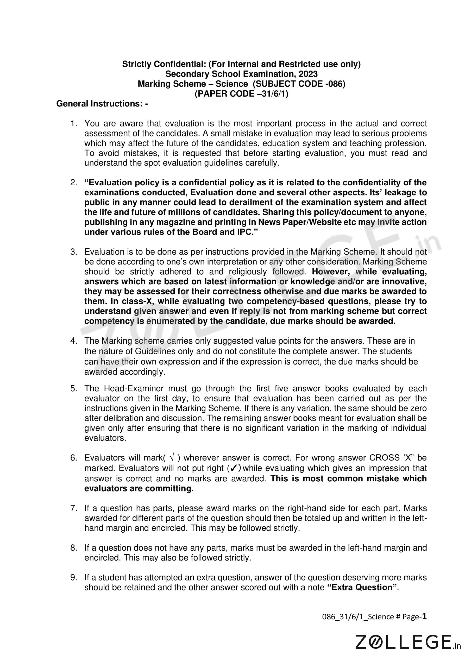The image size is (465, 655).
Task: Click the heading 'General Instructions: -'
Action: tap(102, 104)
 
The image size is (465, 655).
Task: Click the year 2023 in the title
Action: tap(308, 74)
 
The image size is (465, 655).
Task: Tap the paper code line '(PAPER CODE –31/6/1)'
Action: tap(241, 94)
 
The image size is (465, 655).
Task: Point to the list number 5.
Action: tap(74, 388)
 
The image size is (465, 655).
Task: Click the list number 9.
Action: tap(74, 577)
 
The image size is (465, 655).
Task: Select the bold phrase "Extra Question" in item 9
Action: tap(362, 587)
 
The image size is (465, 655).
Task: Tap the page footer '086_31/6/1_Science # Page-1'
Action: tap(374, 617)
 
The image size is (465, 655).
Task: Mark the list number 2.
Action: tap(74, 183)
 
